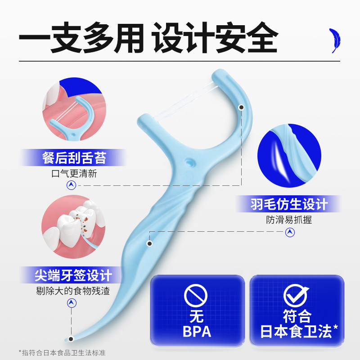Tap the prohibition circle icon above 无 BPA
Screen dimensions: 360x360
[x=197, y=295]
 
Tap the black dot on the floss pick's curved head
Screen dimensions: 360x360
[x=242, y=107]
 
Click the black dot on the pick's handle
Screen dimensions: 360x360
[x=149, y=243]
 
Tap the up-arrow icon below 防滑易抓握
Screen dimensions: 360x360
[x=290, y=232]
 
